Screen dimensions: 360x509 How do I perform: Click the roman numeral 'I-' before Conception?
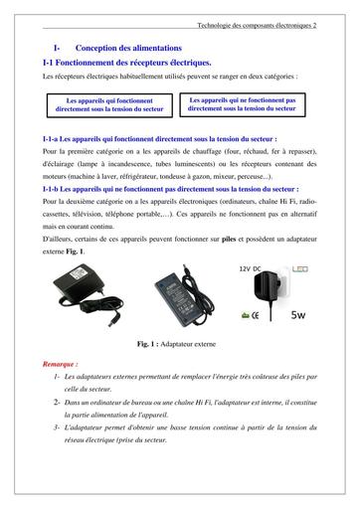(x=58, y=48)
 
